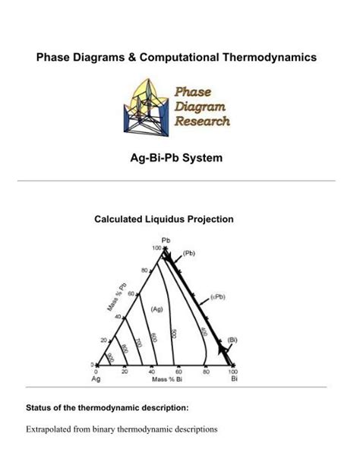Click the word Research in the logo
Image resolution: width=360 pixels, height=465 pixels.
202,120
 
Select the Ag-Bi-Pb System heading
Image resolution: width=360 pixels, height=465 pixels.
179,159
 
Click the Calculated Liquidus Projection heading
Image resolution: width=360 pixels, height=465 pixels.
163,219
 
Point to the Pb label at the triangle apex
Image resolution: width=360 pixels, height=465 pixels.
166,240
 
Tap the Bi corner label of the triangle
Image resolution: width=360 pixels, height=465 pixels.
234,378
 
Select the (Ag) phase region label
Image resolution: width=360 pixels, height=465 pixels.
157,309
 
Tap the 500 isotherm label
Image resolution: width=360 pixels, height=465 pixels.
174,334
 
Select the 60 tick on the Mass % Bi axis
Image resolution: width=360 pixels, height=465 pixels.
178,372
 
